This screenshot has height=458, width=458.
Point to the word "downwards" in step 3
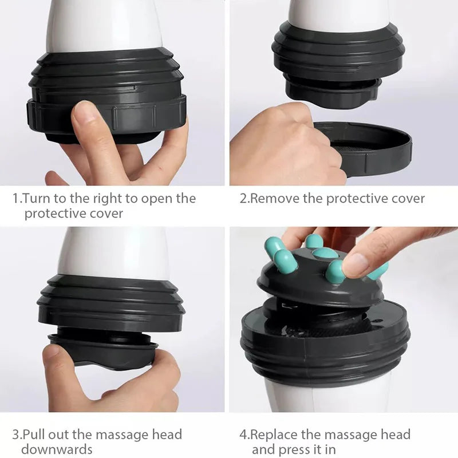57,449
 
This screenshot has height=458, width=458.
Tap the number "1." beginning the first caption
17,199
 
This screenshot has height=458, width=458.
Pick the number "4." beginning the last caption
244,435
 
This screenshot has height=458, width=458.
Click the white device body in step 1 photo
103,26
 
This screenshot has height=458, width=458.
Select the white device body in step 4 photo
326,398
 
